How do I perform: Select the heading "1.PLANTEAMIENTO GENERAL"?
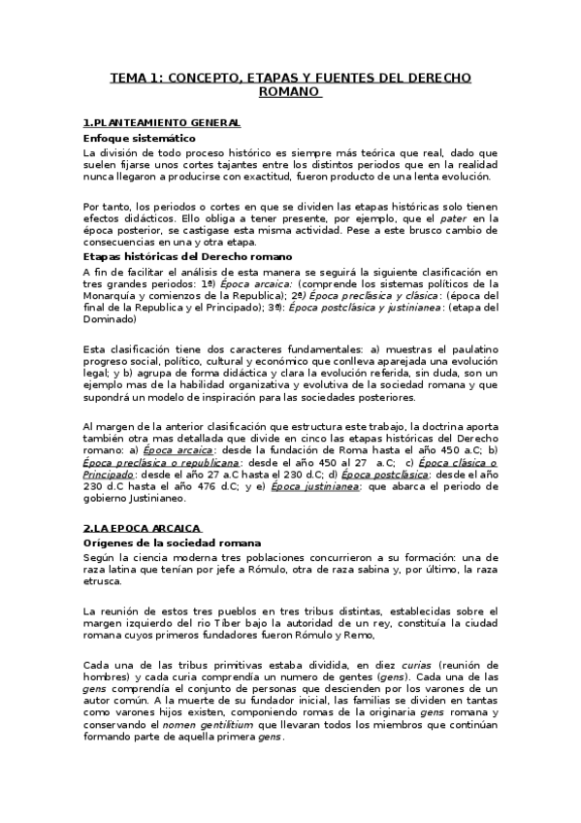(x=161, y=123)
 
